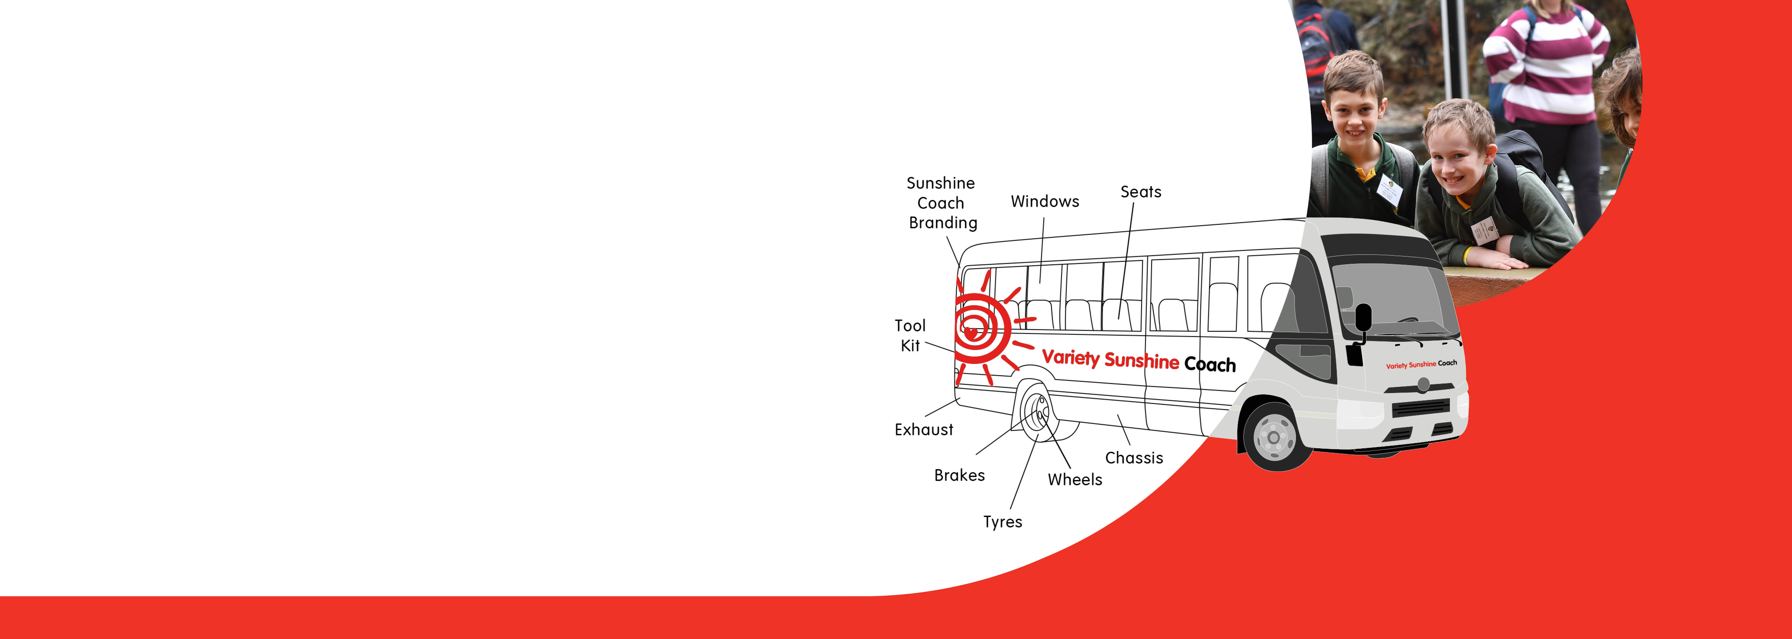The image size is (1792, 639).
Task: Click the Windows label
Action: (1045, 202)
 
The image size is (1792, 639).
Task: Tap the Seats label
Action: (1141, 192)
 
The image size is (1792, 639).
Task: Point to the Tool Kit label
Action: (910, 336)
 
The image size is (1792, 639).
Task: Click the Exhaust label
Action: (924, 430)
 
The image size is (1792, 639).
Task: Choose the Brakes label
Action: (959, 476)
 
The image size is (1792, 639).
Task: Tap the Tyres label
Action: (1002, 522)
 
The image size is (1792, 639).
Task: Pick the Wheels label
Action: (1075, 480)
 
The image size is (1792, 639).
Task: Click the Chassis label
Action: (1134, 458)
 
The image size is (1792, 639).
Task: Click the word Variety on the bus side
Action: (1071, 358)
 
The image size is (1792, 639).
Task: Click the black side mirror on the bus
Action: (1363, 318)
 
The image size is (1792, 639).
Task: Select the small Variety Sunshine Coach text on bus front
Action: (1421, 364)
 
